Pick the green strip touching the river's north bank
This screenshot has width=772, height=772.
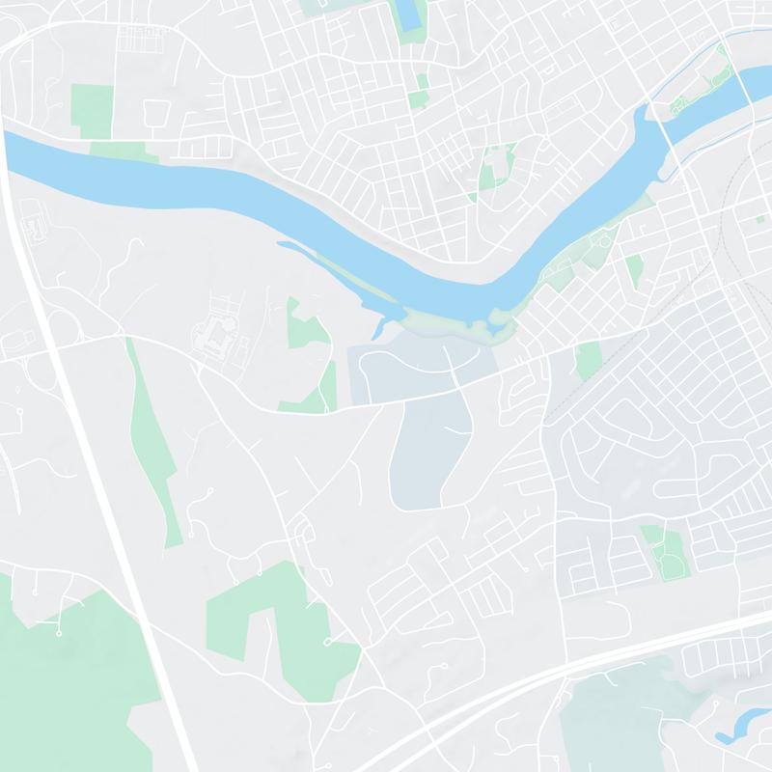tap(124, 150)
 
